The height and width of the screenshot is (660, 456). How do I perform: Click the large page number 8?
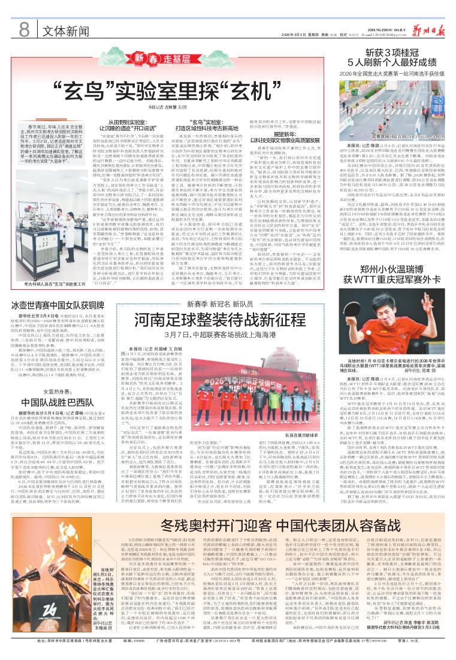tap(24, 28)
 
